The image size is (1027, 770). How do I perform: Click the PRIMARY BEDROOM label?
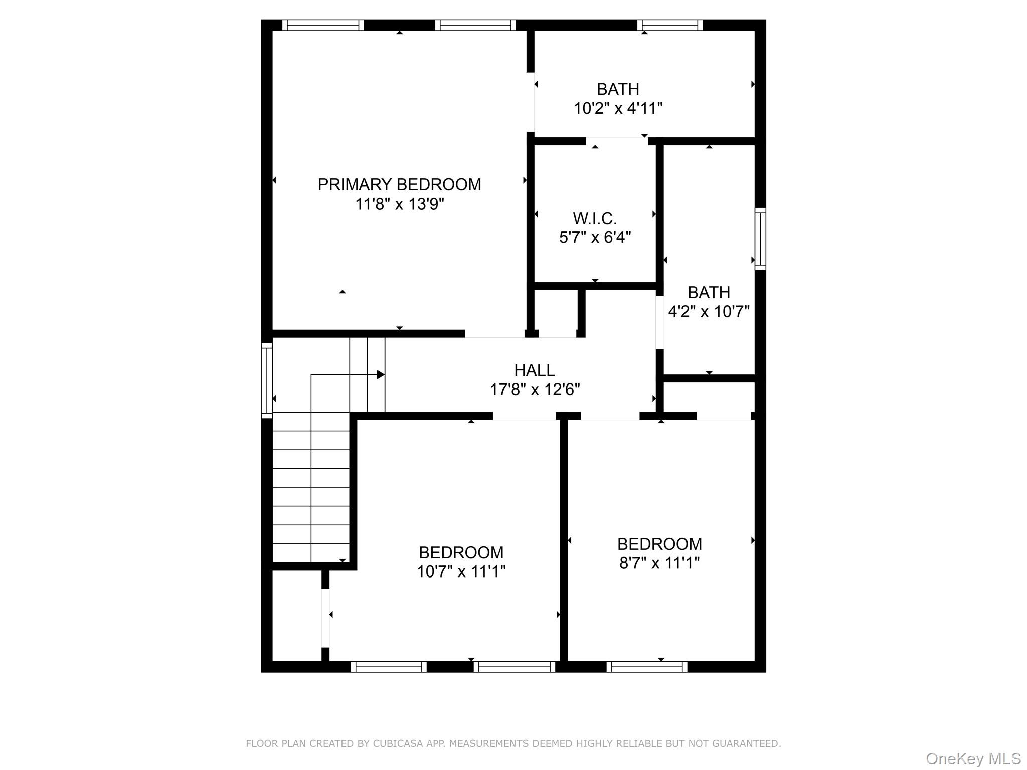399,185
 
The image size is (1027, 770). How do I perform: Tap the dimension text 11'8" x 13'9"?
399,204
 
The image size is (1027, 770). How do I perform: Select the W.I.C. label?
595,218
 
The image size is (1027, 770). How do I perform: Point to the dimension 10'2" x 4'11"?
618,108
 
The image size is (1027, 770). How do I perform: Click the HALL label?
534,370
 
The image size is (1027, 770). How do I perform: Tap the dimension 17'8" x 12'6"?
535,390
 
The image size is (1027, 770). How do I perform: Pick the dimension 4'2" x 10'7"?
709,312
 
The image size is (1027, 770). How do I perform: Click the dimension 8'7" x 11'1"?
659,563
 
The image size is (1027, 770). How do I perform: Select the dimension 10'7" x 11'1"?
461,571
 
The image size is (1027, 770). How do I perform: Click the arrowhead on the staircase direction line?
381,374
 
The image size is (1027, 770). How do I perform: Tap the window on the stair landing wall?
267,380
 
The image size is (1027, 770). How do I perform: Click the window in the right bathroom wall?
760,239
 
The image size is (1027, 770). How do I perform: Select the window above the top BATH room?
670,25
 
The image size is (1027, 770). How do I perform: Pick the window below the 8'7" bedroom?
646,667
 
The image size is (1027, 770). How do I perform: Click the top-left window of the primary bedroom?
322,25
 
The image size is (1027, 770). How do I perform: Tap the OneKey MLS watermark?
973,759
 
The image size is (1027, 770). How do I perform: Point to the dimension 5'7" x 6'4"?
595,237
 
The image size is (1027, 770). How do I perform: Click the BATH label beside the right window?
709,292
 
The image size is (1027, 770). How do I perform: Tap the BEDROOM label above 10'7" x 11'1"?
461,552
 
